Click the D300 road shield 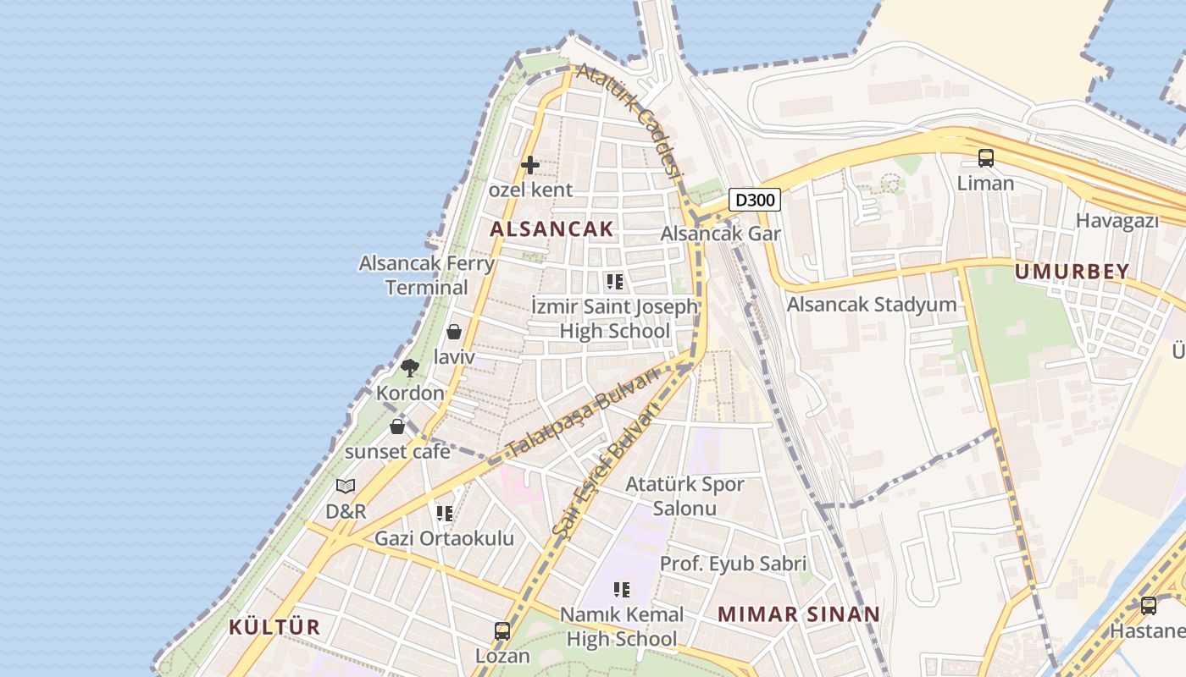754,201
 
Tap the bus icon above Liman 985,158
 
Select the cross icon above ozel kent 530,165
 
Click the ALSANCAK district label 551,228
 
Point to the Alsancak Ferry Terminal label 427,275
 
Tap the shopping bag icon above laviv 454,332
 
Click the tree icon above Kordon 410,368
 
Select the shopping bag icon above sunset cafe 397,427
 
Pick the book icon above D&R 346,487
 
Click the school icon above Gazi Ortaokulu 445,513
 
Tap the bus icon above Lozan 502,631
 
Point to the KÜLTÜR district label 274,627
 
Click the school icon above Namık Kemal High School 622,589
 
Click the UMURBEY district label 1072,272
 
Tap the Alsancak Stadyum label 872,305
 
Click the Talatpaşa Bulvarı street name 582,414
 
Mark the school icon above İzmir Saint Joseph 615,281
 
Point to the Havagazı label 1117,221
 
